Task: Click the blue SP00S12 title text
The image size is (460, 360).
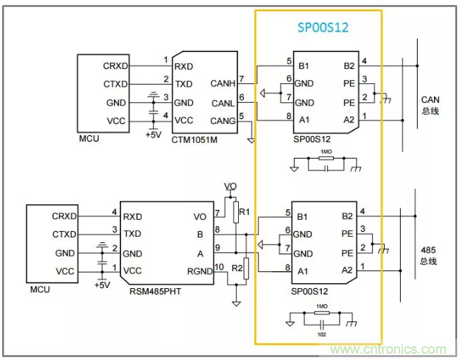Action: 321,27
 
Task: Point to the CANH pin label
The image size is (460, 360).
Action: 223,84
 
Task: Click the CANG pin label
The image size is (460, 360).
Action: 223,120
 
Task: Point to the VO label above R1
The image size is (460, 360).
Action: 230,187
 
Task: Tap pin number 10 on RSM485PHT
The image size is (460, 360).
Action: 219,266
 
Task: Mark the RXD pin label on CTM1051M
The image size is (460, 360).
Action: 184,66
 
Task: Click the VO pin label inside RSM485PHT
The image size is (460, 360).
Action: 199,216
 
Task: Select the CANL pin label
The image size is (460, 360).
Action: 223,104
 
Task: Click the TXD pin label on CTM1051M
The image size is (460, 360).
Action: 184,84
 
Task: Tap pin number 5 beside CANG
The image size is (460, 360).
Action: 241,116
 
